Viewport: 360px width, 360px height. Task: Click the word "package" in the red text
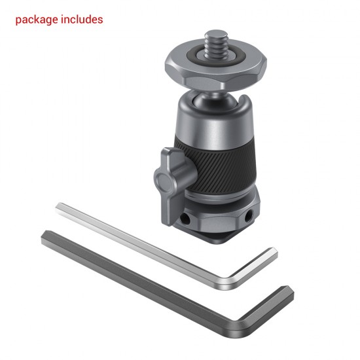click(37, 20)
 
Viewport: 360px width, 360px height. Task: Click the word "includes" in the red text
click(81, 20)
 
